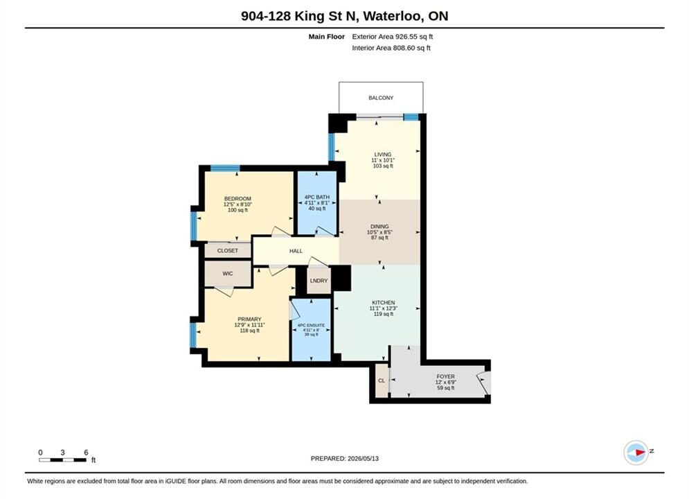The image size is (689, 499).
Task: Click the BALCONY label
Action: [x=381, y=98]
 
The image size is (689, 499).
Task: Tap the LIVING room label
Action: [x=383, y=155]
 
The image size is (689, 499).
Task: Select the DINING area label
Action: [x=379, y=227]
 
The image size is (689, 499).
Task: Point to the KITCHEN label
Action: [x=384, y=302]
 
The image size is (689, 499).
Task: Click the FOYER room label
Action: [x=445, y=376]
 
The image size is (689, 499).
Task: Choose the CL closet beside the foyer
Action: [x=382, y=380]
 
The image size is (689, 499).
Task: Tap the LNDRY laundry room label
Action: [x=319, y=281]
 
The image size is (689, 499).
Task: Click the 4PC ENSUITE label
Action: [x=311, y=325]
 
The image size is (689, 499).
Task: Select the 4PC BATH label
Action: [x=317, y=197]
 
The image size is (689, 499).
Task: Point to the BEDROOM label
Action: [x=238, y=199]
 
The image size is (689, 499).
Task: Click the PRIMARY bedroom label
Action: [x=249, y=319]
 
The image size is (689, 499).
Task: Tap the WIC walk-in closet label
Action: [x=228, y=274]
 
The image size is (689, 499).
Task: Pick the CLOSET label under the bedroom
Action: [x=228, y=251]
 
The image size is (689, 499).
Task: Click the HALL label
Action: [x=296, y=251]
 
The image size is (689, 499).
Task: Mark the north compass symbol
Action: [x=636, y=452]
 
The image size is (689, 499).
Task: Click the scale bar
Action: [x=62, y=460]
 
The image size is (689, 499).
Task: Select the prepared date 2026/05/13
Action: [x=363, y=459]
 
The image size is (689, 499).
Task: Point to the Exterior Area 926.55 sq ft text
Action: [x=393, y=37]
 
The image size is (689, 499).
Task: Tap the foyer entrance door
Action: [x=484, y=383]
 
